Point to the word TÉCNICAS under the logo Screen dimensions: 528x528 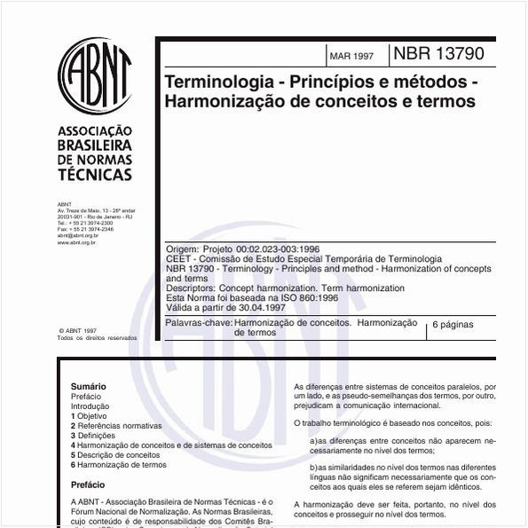coord(93,175)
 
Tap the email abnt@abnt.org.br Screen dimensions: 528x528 coord(77,235)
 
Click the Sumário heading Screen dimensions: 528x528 coord(88,387)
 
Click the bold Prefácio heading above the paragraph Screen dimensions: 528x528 coord(87,485)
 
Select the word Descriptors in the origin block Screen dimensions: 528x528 coord(190,288)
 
